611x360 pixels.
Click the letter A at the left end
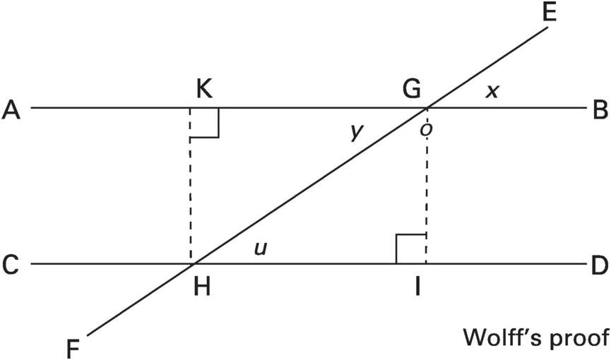coord(11,109)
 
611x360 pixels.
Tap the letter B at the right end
coord(598,109)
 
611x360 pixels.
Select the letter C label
coord(11,265)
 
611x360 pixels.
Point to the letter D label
coord(598,265)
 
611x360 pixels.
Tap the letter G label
coord(411,90)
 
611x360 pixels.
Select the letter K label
coord(203,90)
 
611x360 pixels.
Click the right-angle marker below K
coord(205,123)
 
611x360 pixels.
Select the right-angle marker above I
coord(410,249)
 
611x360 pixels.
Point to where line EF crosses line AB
coord(427,109)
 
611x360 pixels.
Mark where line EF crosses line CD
coord(193,265)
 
